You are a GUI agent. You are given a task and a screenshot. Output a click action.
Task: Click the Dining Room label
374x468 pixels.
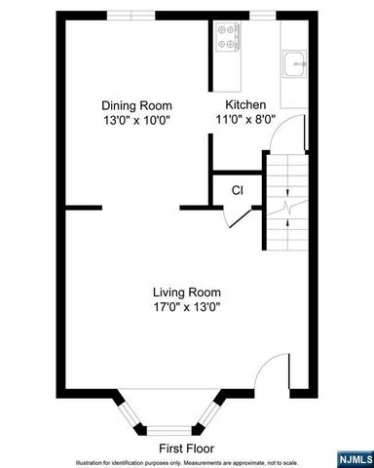click(136, 105)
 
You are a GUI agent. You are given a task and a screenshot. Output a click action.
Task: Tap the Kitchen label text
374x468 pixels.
click(245, 105)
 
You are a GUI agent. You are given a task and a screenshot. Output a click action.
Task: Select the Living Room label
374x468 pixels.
click(186, 292)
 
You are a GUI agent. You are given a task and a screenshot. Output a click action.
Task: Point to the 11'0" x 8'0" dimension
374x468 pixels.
click(245, 120)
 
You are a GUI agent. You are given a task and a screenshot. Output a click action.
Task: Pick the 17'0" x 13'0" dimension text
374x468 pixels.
click(186, 306)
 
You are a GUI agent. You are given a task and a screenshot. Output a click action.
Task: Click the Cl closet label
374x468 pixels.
click(237, 190)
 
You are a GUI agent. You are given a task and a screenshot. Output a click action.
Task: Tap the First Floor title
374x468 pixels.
click(187, 448)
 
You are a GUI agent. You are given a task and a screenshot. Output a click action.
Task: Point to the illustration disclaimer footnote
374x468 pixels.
click(187, 461)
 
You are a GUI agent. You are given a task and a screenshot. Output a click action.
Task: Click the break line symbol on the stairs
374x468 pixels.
click(287, 208)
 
